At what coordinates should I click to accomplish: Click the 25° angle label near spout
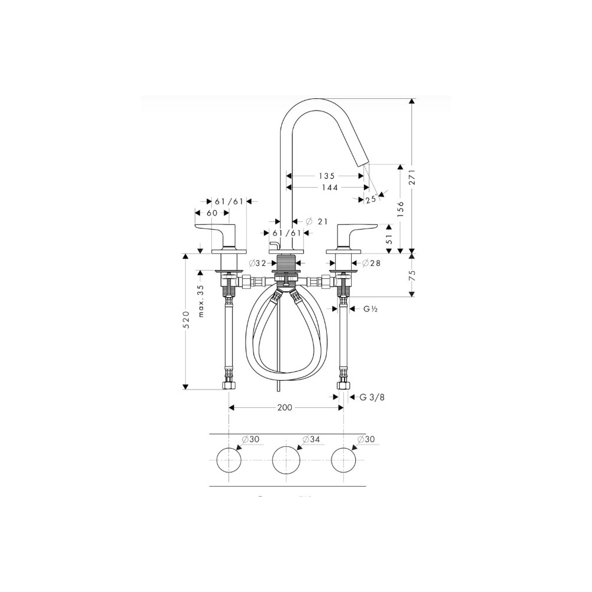pyautogui.click(x=371, y=200)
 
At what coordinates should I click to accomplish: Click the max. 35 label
pyautogui.click(x=201, y=301)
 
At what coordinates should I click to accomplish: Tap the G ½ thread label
pyautogui.click(x=371, y=308)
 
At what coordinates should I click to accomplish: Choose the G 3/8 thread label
pyautogui.click(x=372, y=397)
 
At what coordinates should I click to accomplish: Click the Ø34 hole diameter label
pyautogui.click(x=311, y=440)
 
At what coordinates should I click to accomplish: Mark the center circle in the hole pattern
pyautogui.click(x=286, y=460)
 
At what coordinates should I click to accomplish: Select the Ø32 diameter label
pyautogui.click(x=258, y=262)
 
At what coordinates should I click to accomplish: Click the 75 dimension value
pyautogui.click(x=413, y=275)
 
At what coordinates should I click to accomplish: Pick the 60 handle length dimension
pyautogui.click(x=212, y=213)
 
